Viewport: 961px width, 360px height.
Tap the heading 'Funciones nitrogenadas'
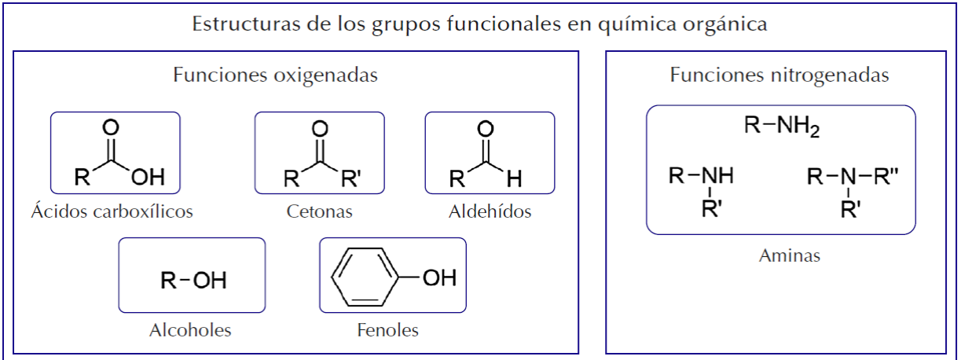[779, 75]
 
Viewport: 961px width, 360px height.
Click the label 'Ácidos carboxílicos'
[112, 211]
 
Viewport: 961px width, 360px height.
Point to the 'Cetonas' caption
[319, 211]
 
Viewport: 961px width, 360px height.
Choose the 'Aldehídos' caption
[490, 211]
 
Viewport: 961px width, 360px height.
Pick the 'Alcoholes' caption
[190, 329]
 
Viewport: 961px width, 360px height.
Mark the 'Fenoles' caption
[387, 329]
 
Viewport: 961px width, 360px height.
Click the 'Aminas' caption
[790, 255]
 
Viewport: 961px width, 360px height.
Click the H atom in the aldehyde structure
[514, 178]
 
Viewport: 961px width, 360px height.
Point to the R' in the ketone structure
[350, 178]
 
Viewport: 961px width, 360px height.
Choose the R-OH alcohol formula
[193, 281]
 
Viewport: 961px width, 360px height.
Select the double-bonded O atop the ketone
[319, 128]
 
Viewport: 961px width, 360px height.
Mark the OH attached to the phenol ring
[438, 278]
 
